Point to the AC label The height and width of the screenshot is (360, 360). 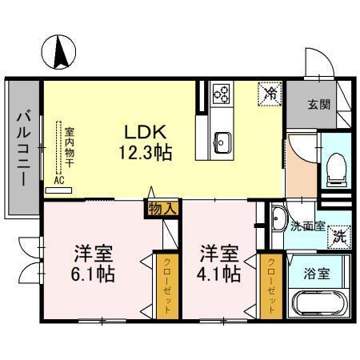tap(58, 180)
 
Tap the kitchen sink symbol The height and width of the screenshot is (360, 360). tap(222, 145)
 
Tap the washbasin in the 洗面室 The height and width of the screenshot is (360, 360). tap(277, 217)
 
